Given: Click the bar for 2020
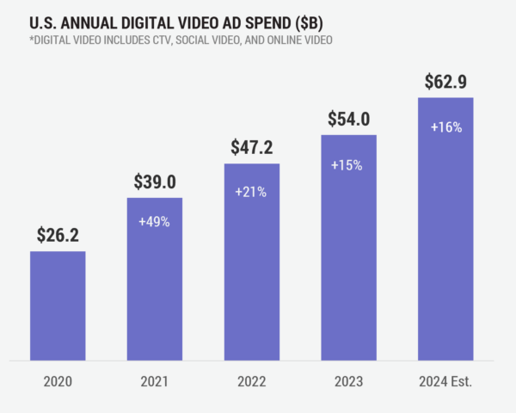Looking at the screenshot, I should click(x=58, y=305).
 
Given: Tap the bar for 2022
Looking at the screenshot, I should click(x=251, y=262).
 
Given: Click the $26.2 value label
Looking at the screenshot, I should click(x=58, y=235).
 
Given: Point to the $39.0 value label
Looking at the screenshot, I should click(x=155, y=182).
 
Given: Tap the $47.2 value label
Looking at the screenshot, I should click(x=251, y=147).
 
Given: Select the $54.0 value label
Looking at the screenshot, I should click(x=348, y=119).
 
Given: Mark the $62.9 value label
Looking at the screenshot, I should click(x=445, y=82).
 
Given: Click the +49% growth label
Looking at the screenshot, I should click(x=155, y=220).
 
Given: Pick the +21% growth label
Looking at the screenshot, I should click(x=251, y=192).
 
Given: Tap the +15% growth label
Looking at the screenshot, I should click(x=348, y=163).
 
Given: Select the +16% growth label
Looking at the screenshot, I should click(x=445, y=126).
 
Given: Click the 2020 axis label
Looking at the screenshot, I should click(x=58, y=381).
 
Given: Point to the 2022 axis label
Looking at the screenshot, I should click(x=251, y=381).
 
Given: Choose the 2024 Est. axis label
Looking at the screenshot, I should click(x=445, y=381).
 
